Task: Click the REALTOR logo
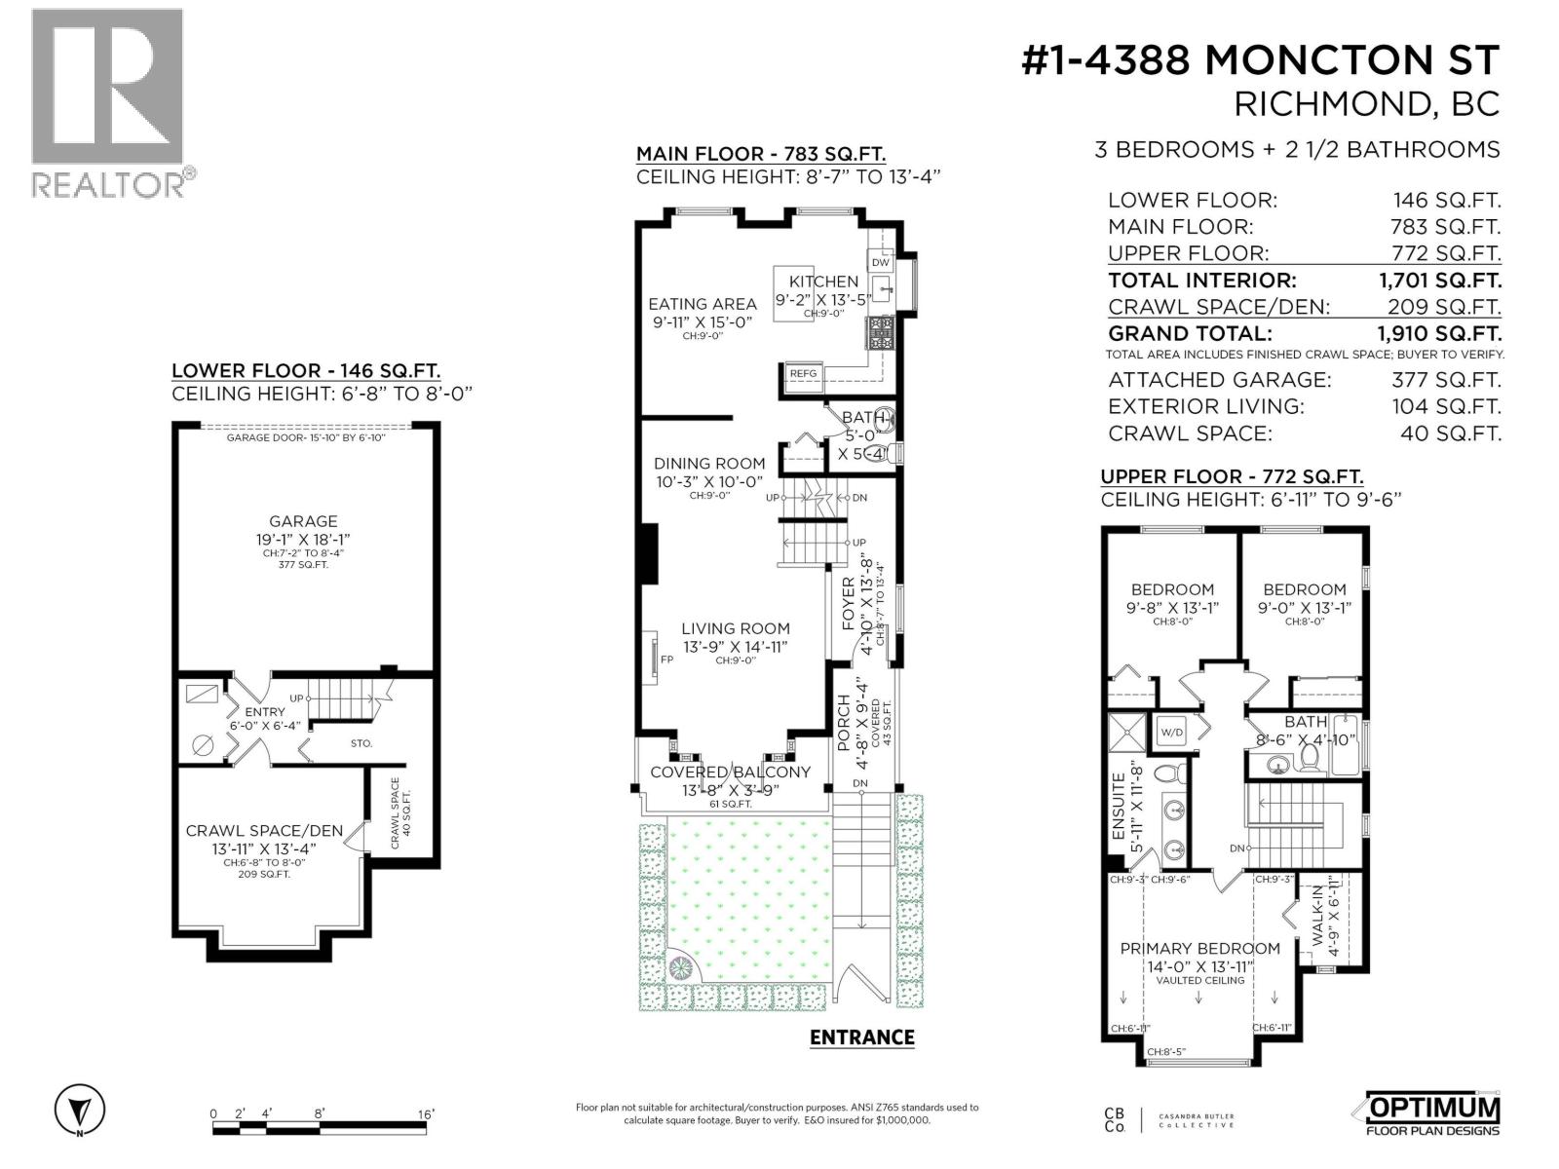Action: pyautogui.click(x=107, y=102)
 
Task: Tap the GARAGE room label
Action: pyautogui.click(x=303, y=521)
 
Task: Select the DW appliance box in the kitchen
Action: pyautogui.click(x=880, y=262)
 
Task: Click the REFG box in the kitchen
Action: pyautogui.click(x=803, y=373)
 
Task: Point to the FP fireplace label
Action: pyautogui.click(x=666, y=660)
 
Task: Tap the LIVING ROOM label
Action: pyautogui.click(x=735, y=628)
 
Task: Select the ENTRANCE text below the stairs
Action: pyautogui.click(x=861, y=1037)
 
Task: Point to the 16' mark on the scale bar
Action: pyautogui.click(x=426, y=1114)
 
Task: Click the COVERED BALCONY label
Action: pyautogui.click(x=730, y=772)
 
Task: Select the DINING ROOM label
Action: pyautogui.click(x=708, y=464)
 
